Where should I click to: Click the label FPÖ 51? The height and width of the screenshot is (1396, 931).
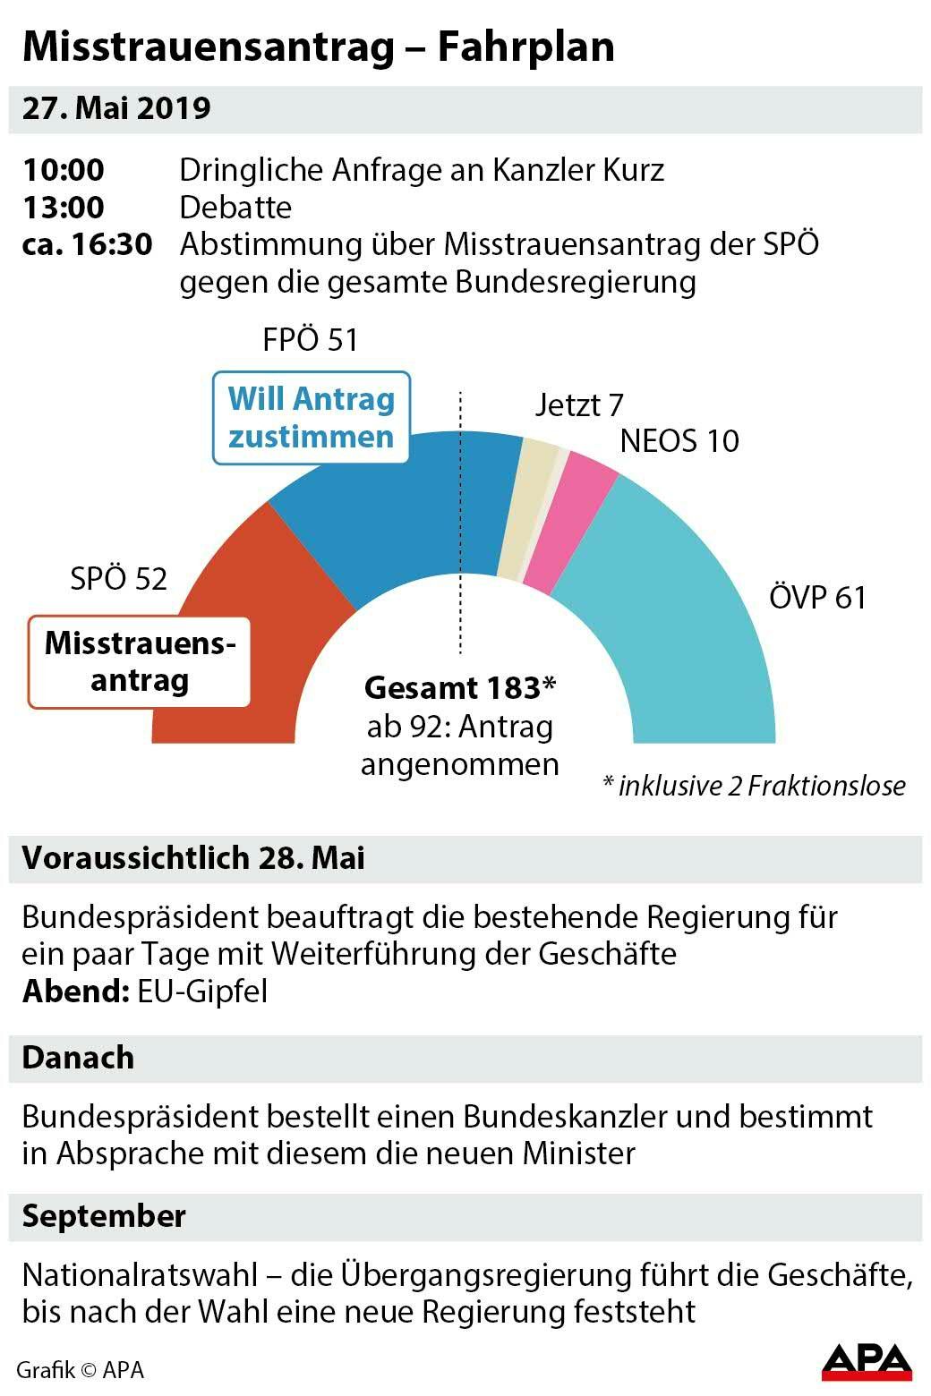coord(310,341)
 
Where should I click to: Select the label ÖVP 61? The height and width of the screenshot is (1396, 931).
coord(817,598)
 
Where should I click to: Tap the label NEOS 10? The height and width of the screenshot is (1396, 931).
coord(679,441)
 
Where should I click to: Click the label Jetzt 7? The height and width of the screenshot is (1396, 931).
coord(579,405)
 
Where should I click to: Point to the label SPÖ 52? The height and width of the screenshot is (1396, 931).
coord(118,579)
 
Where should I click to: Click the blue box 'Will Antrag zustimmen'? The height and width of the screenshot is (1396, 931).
coord(311,418)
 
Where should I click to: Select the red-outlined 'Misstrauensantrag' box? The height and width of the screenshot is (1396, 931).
coord(140,662)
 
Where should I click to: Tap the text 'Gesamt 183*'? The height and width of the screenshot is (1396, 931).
coord(460,688)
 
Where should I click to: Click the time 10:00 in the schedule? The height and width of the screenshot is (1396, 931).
coord(64,170)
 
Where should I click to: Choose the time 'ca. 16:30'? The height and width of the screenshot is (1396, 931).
coord(87,244)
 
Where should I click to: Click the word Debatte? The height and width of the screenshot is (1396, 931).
coord(235,208)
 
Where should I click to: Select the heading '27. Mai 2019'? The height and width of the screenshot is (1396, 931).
coord(116,108)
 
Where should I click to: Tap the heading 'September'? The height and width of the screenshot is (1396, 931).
coord(104,1216)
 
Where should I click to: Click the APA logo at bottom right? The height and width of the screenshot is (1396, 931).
coord(867,1361)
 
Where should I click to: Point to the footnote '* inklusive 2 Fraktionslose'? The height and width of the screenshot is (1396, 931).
coord(754,786)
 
